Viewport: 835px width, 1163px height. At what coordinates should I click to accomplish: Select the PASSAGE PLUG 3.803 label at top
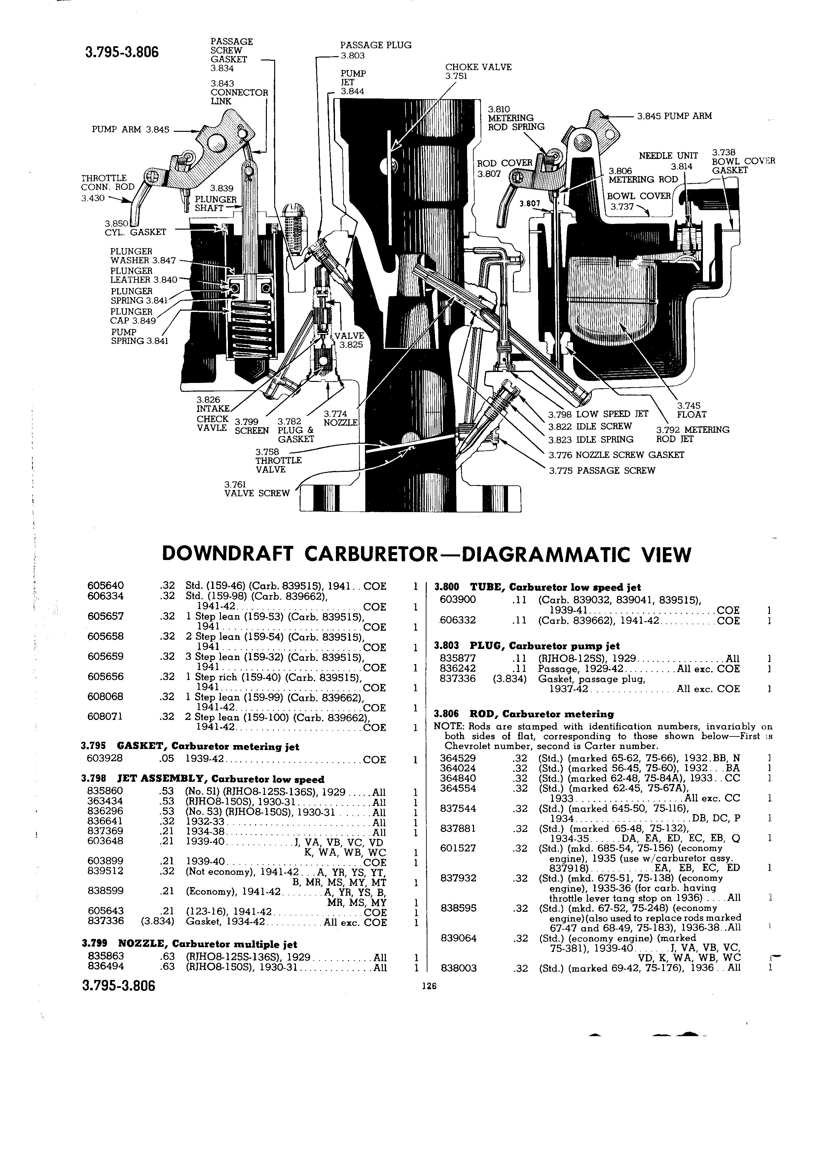coord(376,50)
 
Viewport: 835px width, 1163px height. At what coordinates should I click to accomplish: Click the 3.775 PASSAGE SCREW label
coord(602,470)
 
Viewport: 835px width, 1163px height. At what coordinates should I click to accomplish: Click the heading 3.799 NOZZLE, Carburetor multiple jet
coord(189,944)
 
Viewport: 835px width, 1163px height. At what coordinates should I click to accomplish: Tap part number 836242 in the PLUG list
coord(458,669)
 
